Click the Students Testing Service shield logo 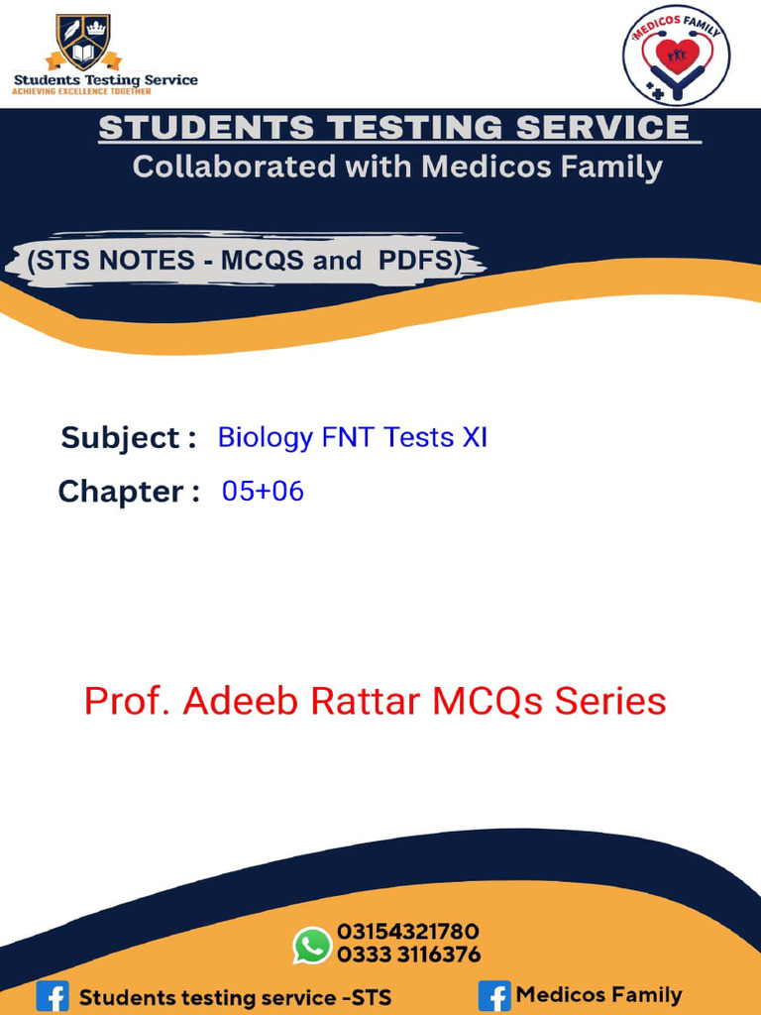point(83,41)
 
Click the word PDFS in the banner point(417,261)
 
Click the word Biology point(265,437)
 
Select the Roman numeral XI point(475,436)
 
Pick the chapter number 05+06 point(263,490)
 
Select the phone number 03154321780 point(408,932)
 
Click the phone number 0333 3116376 point(408,955)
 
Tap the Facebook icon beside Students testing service point(53,996)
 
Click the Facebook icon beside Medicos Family point(494,995)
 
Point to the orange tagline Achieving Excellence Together point(81,91)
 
